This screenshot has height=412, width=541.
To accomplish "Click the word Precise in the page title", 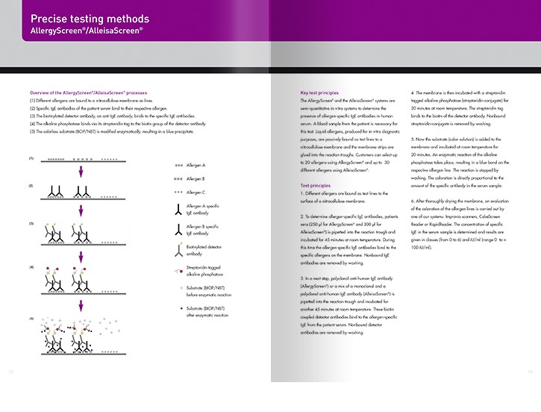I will (52, 19).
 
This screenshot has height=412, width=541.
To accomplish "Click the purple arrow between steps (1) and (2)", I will (81, 172).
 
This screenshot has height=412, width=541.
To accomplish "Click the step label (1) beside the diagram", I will (31, 159).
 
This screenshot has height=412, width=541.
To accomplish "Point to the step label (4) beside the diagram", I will (31, 266).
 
